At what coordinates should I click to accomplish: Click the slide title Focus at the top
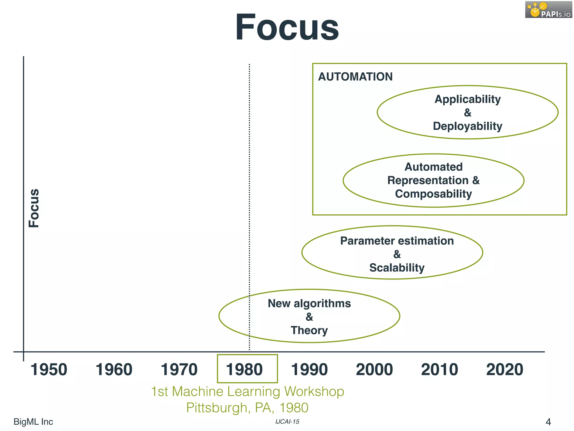(287, 27)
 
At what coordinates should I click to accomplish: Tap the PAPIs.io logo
(548, 10)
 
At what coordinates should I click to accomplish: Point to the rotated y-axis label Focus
(34, 208)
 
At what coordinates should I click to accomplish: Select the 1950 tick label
(49, 369)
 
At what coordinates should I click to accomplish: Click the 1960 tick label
(114, 369)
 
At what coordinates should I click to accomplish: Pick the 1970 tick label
(179, 369)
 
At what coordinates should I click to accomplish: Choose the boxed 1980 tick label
(244, 369)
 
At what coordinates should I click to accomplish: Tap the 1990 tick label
(309, 369)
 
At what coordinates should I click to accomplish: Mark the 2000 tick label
(374, 369)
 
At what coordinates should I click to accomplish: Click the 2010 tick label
(439, 369)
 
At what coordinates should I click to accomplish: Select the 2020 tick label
(504, 369)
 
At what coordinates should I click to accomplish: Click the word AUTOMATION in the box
(355, 77)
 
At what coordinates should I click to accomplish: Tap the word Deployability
(467, 126)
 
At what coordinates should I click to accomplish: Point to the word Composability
(433, 194)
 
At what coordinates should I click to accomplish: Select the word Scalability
(397, 268)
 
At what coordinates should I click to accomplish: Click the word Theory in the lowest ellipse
(309, 331)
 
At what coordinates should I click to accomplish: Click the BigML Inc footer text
(33, 421)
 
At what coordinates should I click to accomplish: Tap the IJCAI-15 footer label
(287, 421)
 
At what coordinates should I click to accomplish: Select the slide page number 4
(548, 422)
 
